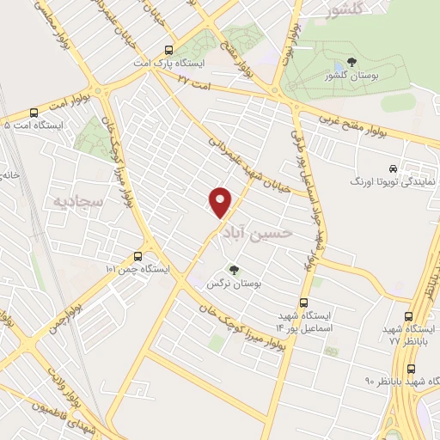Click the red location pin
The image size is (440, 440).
(221, 201)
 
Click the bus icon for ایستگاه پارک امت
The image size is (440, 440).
(168, 50)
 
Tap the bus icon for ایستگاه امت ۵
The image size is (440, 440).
(34, 112)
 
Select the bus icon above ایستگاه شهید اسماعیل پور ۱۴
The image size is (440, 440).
(302, 302)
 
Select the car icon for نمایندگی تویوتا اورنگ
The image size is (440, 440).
(392, 168)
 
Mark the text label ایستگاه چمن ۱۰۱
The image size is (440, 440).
(137, 269)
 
